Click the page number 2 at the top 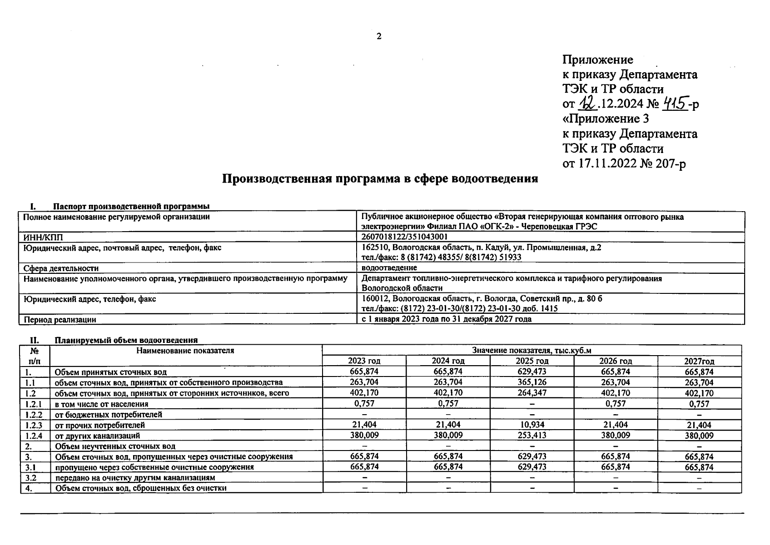(379, 37)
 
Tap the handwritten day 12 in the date (588, 104)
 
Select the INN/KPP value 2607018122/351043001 (405, 237)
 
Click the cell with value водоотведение (389, 268)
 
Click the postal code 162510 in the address (375, 248)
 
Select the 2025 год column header (532, 361)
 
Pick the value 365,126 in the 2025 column (532, 382)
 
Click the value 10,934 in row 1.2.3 (532, 425)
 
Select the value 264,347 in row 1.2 (532, 393)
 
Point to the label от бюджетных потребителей (108, 414)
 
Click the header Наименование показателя (185, 351)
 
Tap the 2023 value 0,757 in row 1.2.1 (364, 403)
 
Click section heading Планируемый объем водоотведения (126, 340)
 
